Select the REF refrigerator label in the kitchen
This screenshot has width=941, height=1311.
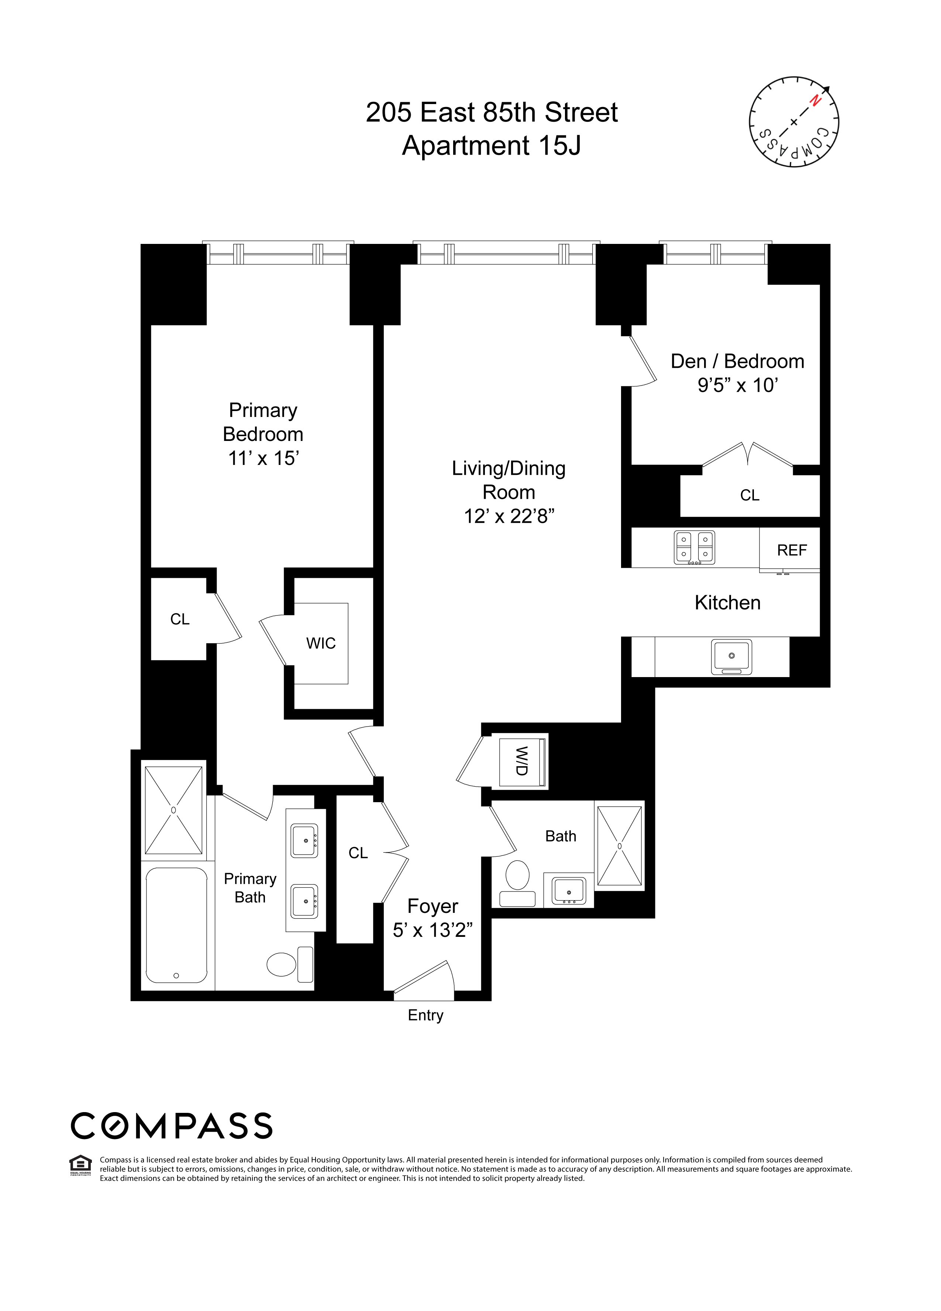[x=791, y=550]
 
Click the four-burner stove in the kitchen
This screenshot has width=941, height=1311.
[x=694, y=547]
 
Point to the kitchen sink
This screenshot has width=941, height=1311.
[x=731, y=657]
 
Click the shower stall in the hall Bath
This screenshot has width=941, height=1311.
[x=620, y=846]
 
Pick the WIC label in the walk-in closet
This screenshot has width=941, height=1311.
[x=321, y=644]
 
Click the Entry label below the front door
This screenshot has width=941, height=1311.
[x=425, y=1015]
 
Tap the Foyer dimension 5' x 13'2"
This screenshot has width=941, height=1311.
[x=432, y=930]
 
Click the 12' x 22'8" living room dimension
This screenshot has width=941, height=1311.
[x=509, y=515]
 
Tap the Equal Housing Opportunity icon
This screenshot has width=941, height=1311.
[x=80, y=1165]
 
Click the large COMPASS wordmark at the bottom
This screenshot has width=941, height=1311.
[x=172, y=1126]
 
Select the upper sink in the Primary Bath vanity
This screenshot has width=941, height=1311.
[x=304, y=841]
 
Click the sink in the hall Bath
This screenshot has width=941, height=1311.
[x=569, y=891]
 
